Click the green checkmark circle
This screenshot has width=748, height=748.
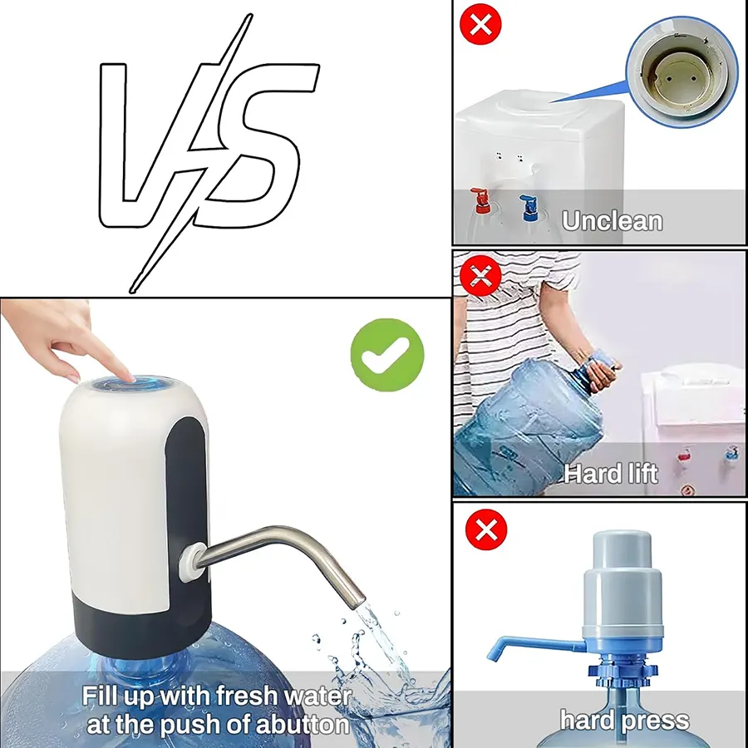pyautogui.click(x=386, y=356)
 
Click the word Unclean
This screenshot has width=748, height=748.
pyautogui.click(x=612, y=221)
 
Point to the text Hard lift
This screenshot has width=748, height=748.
pyautogui.click(x=611, y=474)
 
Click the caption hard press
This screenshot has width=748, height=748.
pyautogui.click(x=624, y=719)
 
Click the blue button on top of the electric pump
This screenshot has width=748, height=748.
pyautogui.click(x=133, y=385)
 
